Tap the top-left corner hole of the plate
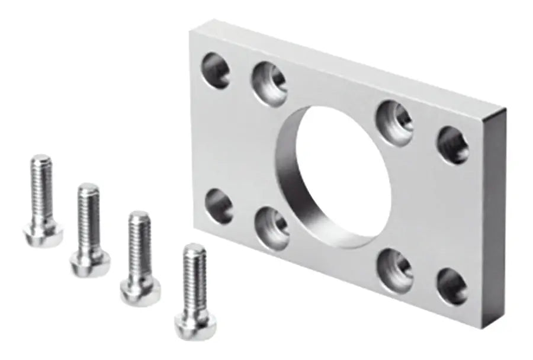click(216, 70)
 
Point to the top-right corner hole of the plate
click(453, 145)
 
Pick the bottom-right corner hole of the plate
click(452, 286)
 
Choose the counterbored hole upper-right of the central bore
click(394, 118)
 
